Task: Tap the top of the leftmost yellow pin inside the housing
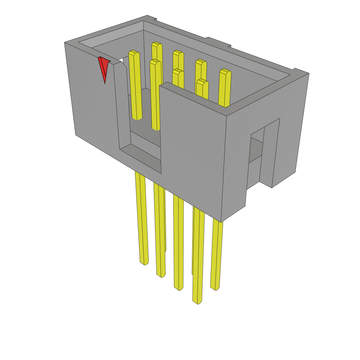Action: point(134,53)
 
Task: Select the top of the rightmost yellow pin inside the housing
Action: point(225,72)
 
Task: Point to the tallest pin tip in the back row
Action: point(156,45)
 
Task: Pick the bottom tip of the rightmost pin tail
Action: point(215,288)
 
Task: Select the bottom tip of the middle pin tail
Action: point(178,288)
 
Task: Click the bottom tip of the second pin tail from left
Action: point(161,275)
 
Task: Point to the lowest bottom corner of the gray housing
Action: point(221,221)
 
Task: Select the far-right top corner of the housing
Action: point(308,73)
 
